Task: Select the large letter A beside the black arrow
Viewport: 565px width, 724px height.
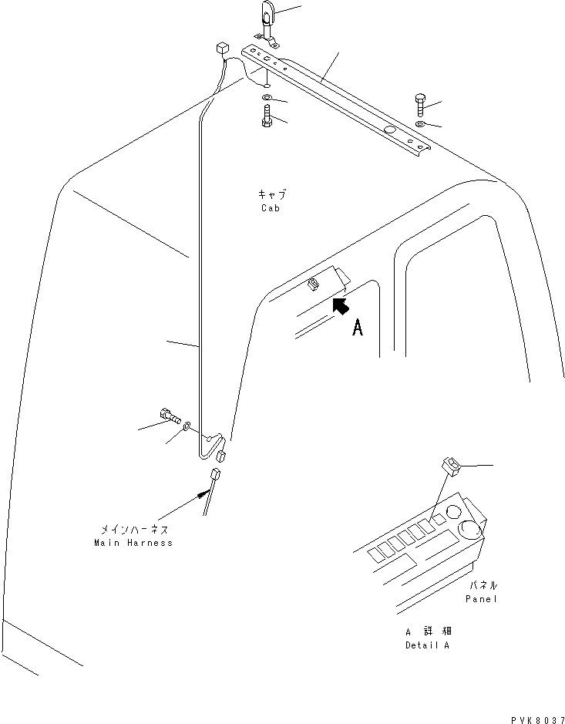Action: click(x=357, y=328)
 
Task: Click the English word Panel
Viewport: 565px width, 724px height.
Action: click(x=482, y=598)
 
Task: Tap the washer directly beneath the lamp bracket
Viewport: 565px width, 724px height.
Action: click(x=265, y=97)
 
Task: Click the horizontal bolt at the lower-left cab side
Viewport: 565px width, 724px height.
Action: click(x=170, y=416)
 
